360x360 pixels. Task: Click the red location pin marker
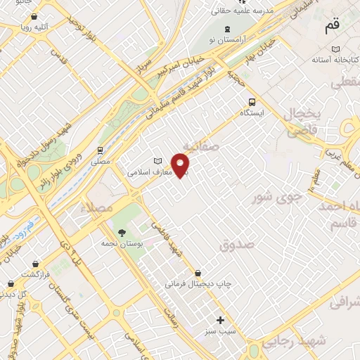(182, 165)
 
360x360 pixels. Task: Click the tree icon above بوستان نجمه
(123, 231)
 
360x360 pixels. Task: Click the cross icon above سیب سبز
(221, 320)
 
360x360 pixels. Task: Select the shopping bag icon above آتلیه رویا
(34, 15)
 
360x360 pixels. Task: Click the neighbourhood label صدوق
(236, 246)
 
